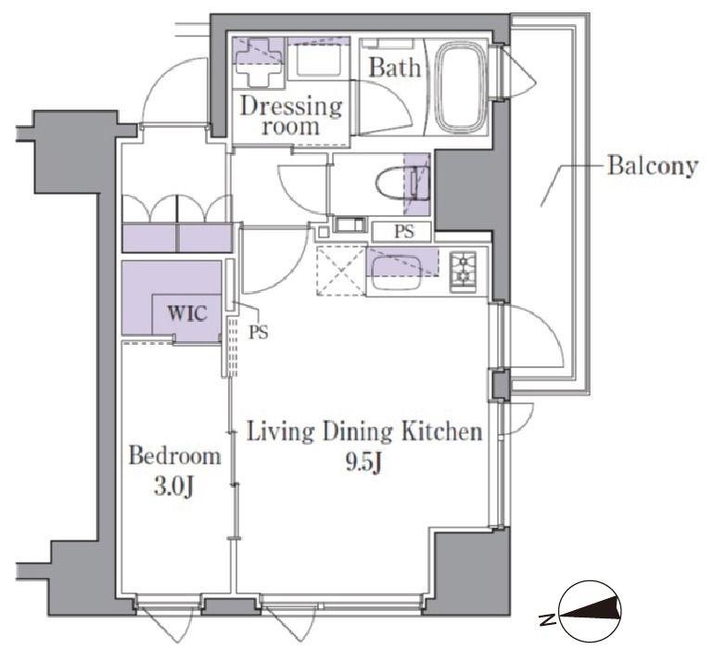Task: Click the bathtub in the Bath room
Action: [x=461, y=87]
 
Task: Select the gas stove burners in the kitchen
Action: [x=463, y=272]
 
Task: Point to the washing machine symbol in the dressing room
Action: [x=259, y=62]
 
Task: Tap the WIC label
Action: [x=187, y=312]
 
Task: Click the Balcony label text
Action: [x=653, y=165]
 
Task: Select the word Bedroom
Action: [x=174, y=455]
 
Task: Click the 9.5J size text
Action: [x=363, y=463]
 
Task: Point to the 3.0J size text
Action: [x=174, y=487]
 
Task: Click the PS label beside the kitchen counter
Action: [x=404, y=232]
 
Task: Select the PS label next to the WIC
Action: [x=258, y=333]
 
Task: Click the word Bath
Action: [x=394, y=68]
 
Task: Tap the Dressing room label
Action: [x=291, y=116]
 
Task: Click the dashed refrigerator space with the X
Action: [x=341, y=271]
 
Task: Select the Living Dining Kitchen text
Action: [x=364, y=432]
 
